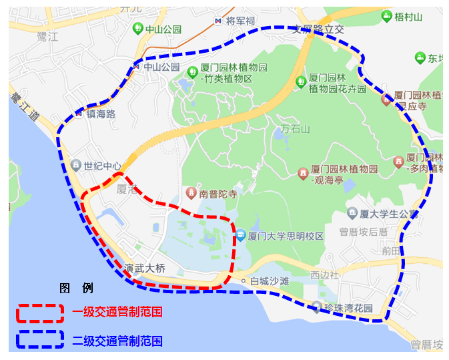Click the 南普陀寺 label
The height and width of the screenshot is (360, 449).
pyautogui.click(x=218, y=194)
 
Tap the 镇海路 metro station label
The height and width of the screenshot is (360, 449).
pyautogui.click(x=100, y=114)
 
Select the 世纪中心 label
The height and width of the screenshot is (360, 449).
pyautogui.click(x=103, y=166)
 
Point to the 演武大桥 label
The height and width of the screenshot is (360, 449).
pyautogui.click(x=144, y=268)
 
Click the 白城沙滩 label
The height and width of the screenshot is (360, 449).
pyautogui.click(x=269, y=281)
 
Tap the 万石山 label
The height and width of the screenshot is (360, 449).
pyautogui.click(x=295, y=129)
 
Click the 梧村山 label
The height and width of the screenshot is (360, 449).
pyautogui.click(x=409, y=16)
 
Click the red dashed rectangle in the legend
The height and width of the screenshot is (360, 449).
pyautogui.click(x=41, y=313)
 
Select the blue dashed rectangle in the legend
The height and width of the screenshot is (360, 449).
pyautogui.click(x=41, y=340)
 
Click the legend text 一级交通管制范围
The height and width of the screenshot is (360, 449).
pyautogui.click(x=117, y=313)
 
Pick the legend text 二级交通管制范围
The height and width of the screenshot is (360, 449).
pyautogui.click(x=117, y=341)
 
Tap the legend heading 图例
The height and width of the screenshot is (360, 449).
pyautogui.click(x=76, y=289)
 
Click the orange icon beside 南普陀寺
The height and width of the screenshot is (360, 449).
pyautogui.click(x=190, y=194)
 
